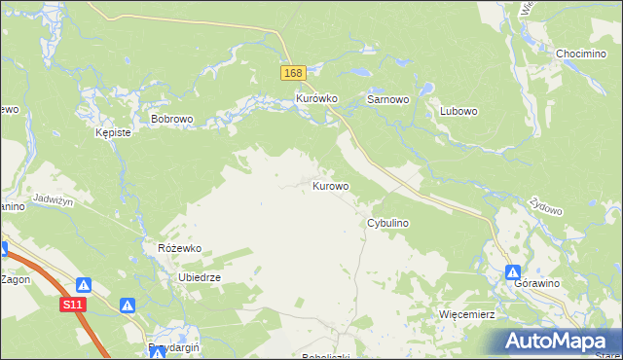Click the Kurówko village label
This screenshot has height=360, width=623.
315,99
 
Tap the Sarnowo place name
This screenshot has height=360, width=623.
386,99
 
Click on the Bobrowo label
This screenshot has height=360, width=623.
173,119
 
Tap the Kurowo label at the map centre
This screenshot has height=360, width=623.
331,185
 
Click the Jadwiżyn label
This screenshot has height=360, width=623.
54,198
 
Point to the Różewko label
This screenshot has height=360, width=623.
179,248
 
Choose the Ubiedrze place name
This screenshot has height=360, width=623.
200,277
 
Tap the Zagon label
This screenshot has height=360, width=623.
15,279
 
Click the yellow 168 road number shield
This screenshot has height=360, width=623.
294,74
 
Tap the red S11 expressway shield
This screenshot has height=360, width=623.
73,305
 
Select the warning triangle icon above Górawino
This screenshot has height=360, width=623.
512,273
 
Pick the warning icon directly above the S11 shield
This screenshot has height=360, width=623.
85,285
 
